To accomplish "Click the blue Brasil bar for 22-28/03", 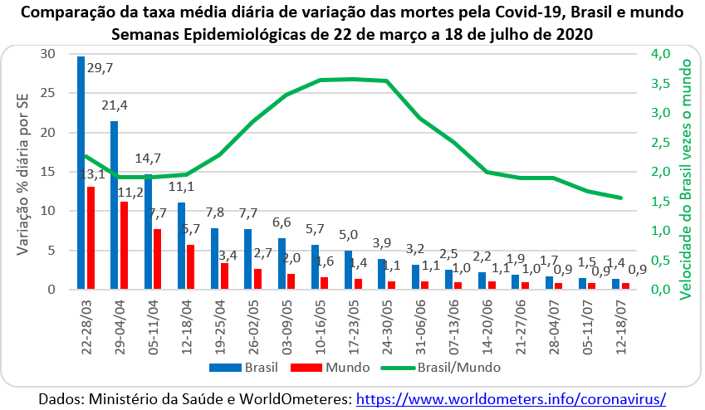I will pos(81,173).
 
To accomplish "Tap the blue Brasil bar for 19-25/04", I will pos(214,258).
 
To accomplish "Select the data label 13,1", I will pos(91,173).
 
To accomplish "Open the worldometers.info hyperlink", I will pos(511,399).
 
